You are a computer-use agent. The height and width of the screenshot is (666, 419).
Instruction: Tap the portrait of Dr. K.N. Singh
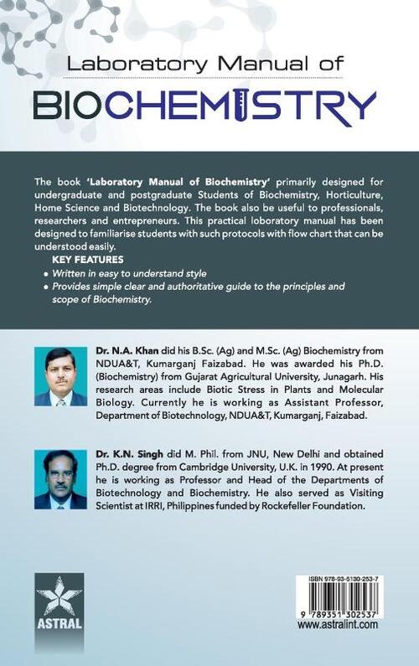point(60,478)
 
